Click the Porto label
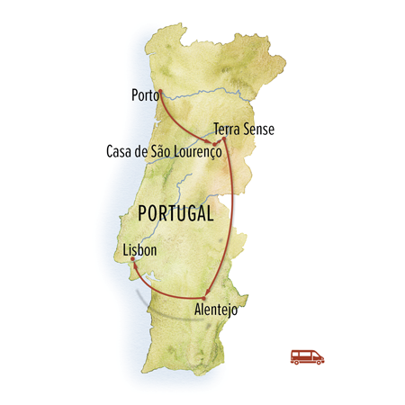(144, 93)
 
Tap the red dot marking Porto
(159, 92)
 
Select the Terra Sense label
(243, 129)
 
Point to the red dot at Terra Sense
(221, 140)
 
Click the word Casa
(121, 153)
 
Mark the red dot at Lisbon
(132, 259)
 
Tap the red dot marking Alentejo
(205, 298)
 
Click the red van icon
(307, 355)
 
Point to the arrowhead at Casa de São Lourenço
(212, 142)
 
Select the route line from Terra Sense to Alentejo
(233, 216)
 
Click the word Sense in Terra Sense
(258, 129)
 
